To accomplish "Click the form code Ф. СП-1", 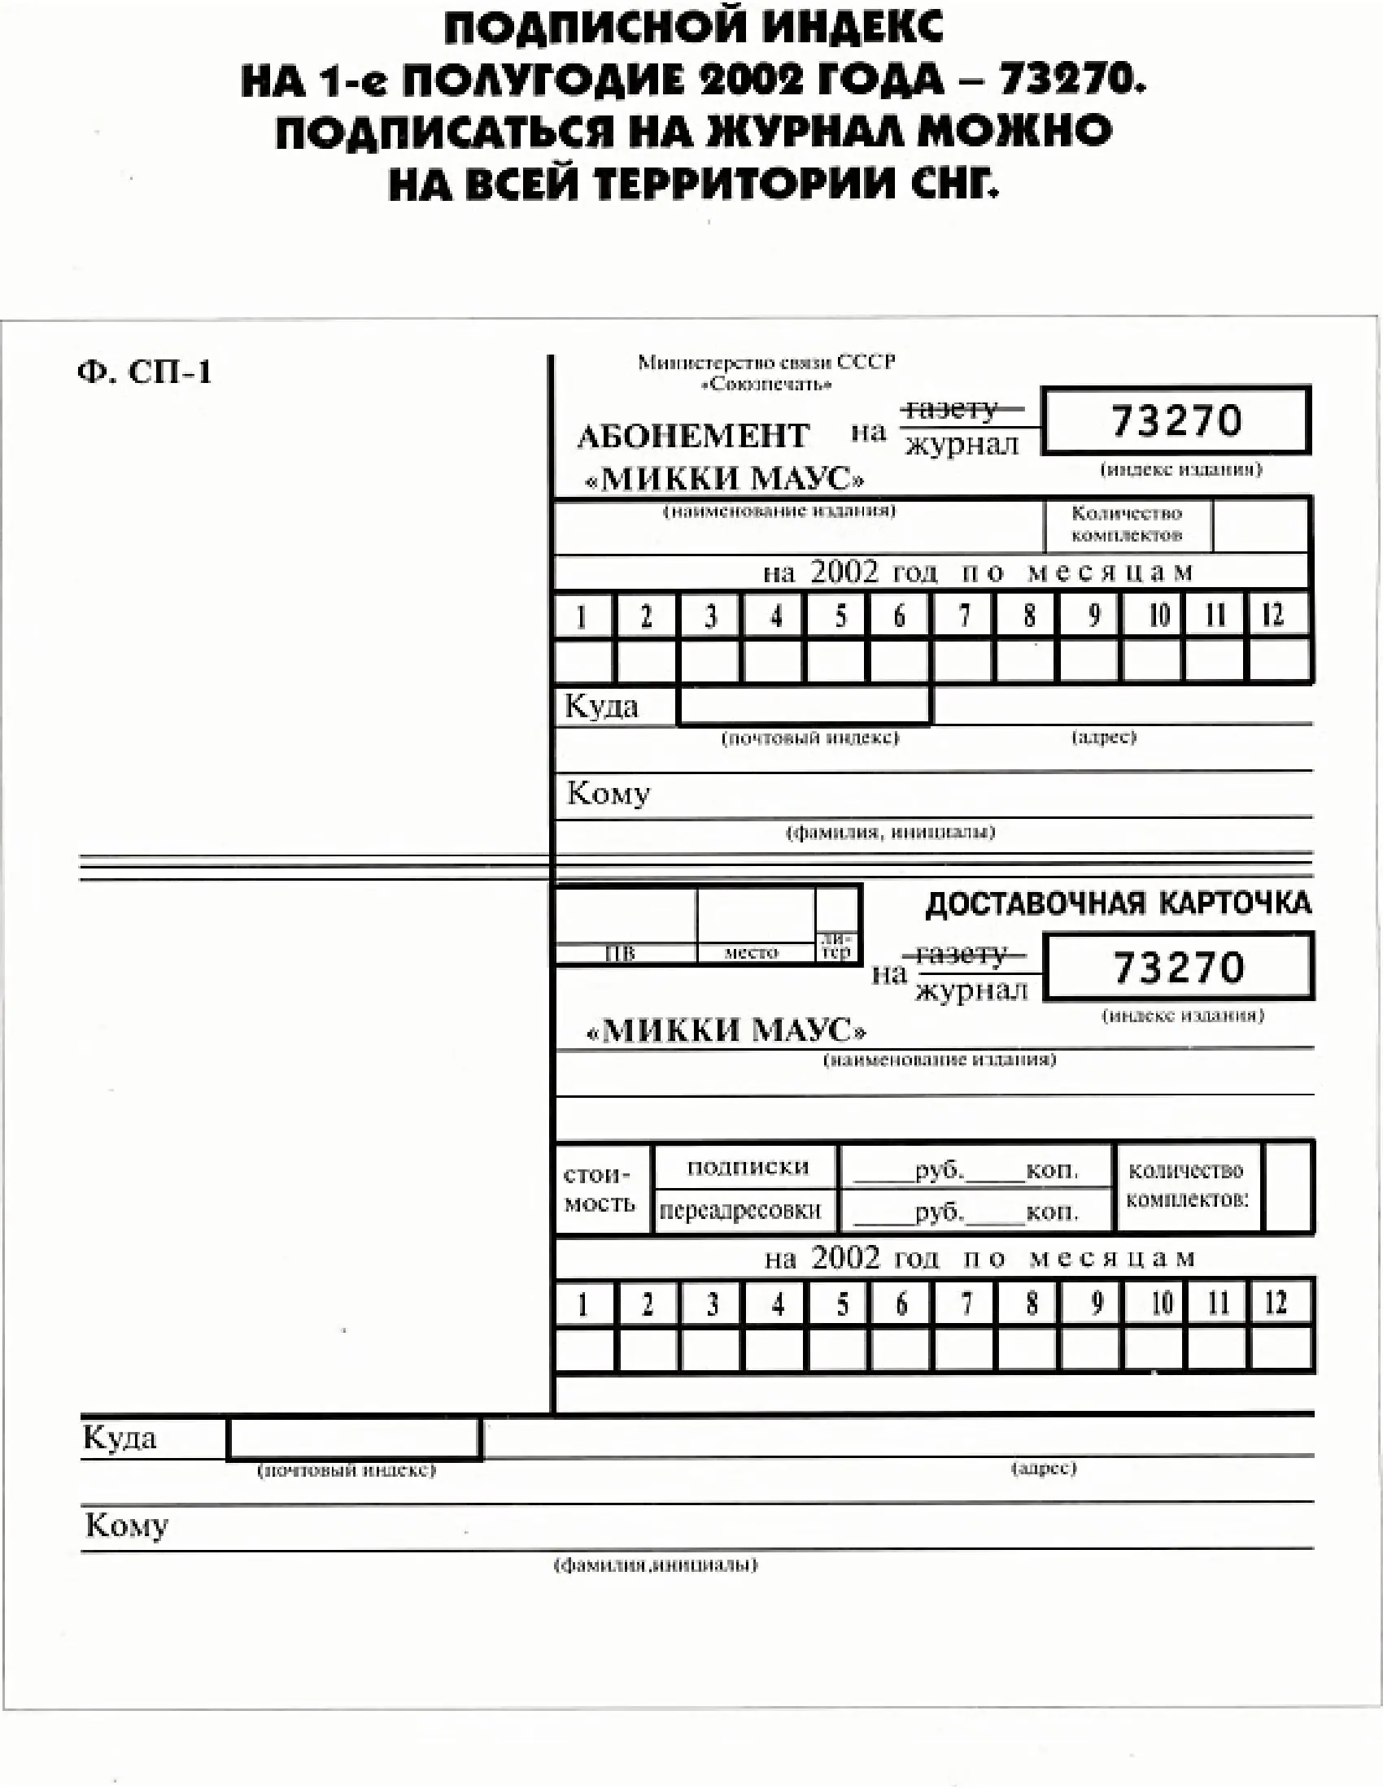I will [x=144, y=372].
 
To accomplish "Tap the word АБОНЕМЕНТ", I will [x=693, y=435].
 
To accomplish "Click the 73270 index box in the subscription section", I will [x=1176, y=420].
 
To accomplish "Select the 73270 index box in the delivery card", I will [x=1179, y=967].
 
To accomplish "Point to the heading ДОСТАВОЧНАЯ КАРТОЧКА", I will [x=1118, y=903].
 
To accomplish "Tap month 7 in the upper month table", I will [x=964, y=616].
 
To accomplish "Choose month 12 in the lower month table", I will [x=1276, y=1304].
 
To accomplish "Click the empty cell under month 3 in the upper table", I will [x=710, y=660].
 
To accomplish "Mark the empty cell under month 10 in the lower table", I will [x=1155, y=1349].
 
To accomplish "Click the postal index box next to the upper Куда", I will [x=805, y=705].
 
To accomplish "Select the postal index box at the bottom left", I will [x=354, y=1439].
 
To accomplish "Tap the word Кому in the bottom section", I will [x=126, y=1526].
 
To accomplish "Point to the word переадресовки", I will [x=739, y=1212].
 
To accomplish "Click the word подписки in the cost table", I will [x=747, y=1166].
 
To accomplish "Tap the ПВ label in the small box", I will [x=619, y=954].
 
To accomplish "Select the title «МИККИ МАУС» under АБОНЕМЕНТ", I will [x=725, y=478].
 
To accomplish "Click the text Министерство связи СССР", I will [x=766, y=362].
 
